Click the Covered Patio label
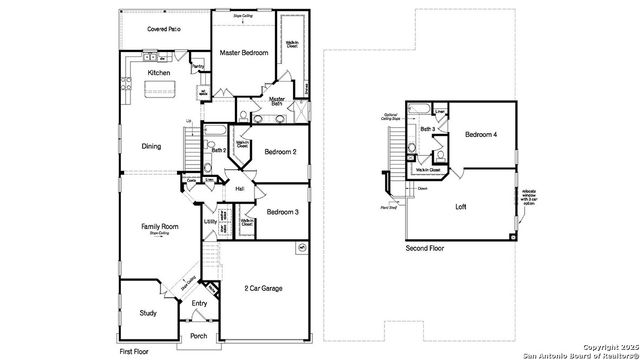(164, 30)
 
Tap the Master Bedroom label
(244, 52)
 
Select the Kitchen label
(159, 73)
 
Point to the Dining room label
(150, 146)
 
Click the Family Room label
(158, 227)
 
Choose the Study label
(148, 313)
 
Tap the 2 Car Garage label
(263, 289)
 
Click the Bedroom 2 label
(281, 152)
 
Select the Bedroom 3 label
(283, 212)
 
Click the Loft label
(460, 208)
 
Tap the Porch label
(199, 336)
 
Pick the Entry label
(199, 304)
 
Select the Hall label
(240, 189)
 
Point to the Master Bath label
(277, 101)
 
